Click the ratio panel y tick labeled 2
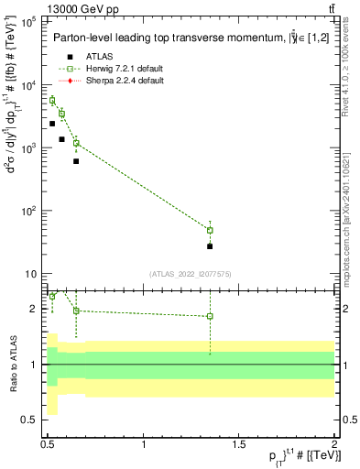(x=33, y=309)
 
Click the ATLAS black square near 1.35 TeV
(x=210, y=246)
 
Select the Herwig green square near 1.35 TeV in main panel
(x=210, y=230)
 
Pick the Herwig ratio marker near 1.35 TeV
(x=210, y=316)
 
